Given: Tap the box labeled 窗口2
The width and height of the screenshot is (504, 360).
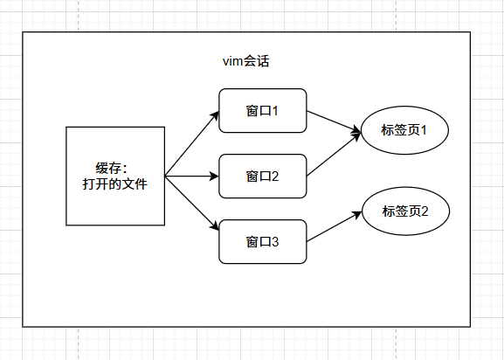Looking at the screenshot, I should (x=262, y=177).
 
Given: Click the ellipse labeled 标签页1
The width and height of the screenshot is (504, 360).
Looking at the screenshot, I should (x=404, y=131).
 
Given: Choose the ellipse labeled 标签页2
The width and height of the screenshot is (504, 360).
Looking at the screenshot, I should (x=404, y=211).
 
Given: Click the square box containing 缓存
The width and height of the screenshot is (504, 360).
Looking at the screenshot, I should (x=115, y=176).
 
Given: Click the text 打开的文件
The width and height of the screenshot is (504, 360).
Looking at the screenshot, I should (x=115, y=184).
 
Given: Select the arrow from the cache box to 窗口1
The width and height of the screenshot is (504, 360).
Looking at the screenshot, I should (x=190, y=144).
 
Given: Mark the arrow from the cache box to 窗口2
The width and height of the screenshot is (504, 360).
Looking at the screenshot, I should (x=190, y=176).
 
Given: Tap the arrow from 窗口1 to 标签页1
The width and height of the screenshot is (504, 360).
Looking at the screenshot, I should (x=332, y=121).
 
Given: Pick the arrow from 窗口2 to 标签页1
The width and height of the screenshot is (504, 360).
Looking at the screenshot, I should (x=332, y=155).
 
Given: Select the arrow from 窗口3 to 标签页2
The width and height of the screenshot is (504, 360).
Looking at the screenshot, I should (x=332, y=227).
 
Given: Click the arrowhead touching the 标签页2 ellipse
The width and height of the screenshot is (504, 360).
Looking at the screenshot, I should (x=358, y=212).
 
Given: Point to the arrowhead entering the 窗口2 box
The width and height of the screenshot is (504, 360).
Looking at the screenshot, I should (x=213, y=176).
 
